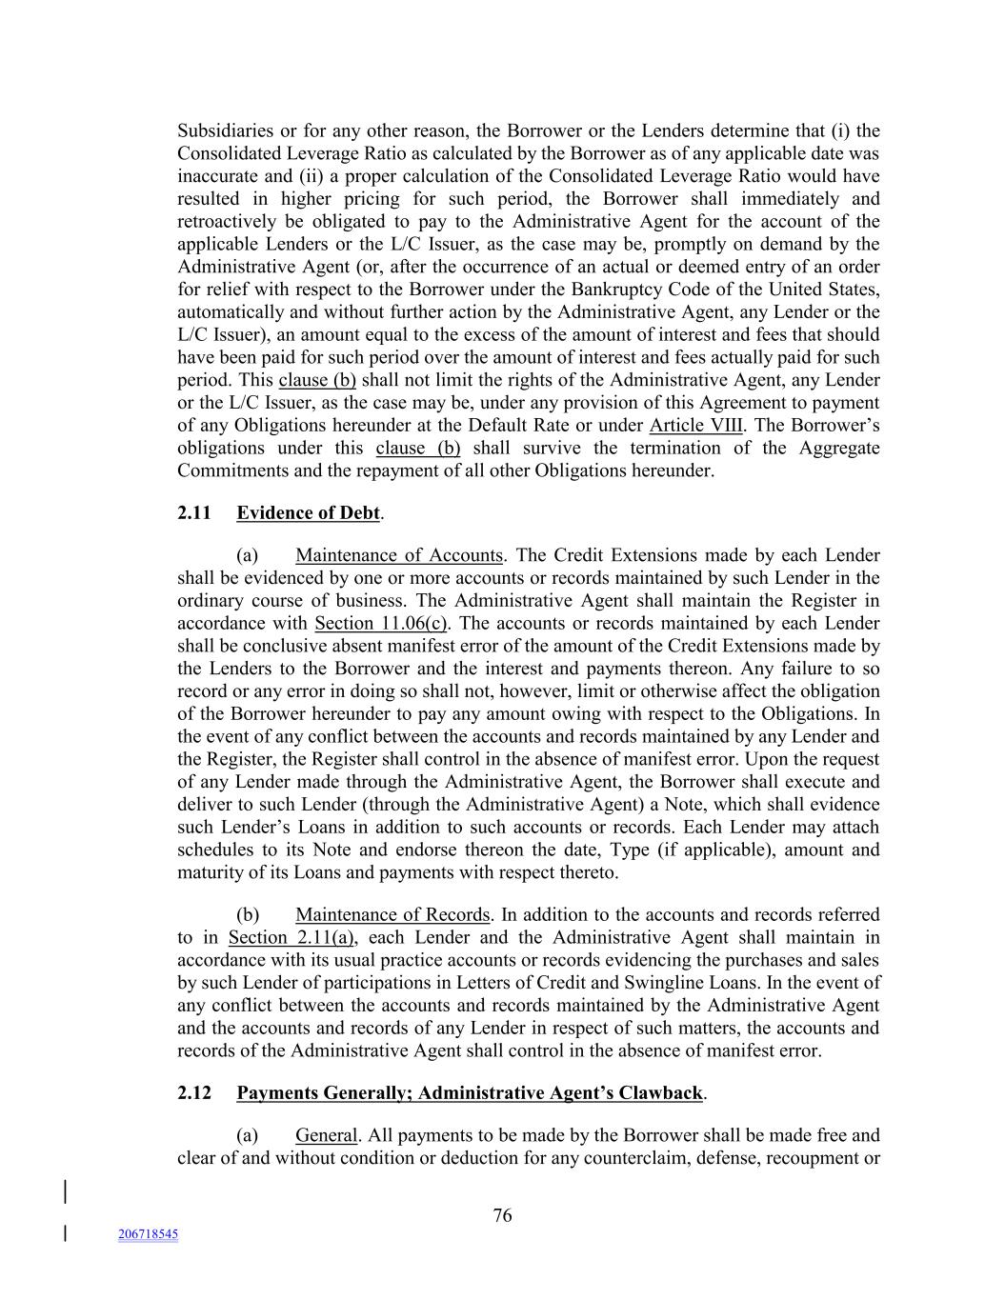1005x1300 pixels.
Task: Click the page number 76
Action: coord(502,1215)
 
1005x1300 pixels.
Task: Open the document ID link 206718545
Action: coord(148,1234)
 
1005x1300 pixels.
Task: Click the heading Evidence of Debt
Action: coord(309,513)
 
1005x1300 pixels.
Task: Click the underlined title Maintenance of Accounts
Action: coord(398,555)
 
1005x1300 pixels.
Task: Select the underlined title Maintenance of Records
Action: coord(392,915)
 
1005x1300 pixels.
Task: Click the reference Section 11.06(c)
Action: coord(381,624)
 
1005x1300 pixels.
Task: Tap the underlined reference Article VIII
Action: coord(695,426)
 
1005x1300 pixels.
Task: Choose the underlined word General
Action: coord(326,1135)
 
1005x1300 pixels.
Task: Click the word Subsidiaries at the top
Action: coord(223,130)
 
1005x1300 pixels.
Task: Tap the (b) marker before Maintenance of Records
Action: coord(248,915)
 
